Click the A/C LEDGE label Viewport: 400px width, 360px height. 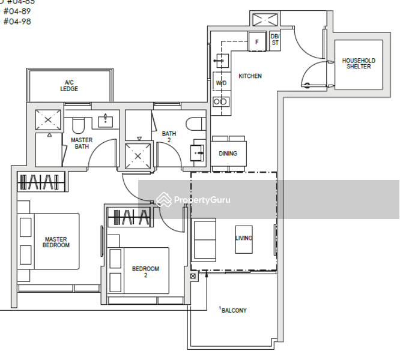(69, 85)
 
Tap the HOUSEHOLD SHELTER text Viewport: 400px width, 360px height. (359, 64)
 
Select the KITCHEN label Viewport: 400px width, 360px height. (250, 76)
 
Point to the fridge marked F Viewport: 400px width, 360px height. (257, 42)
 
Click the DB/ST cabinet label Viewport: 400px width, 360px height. (275, 39)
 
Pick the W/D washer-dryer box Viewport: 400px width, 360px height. (221, 83)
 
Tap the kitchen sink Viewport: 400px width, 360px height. (220, 61)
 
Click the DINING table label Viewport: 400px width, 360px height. (228, 154)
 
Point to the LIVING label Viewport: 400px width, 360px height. (243, 238)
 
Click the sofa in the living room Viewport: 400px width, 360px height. (204, 239)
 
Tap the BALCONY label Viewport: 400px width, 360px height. (234, 310)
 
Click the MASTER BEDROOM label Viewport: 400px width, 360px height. (56, 242)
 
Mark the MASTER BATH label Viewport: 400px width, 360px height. (82, 143)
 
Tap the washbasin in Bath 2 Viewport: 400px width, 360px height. (198, 152)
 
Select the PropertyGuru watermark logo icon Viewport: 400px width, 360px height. (163, 200)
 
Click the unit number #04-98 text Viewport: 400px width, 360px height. (17, 22)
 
